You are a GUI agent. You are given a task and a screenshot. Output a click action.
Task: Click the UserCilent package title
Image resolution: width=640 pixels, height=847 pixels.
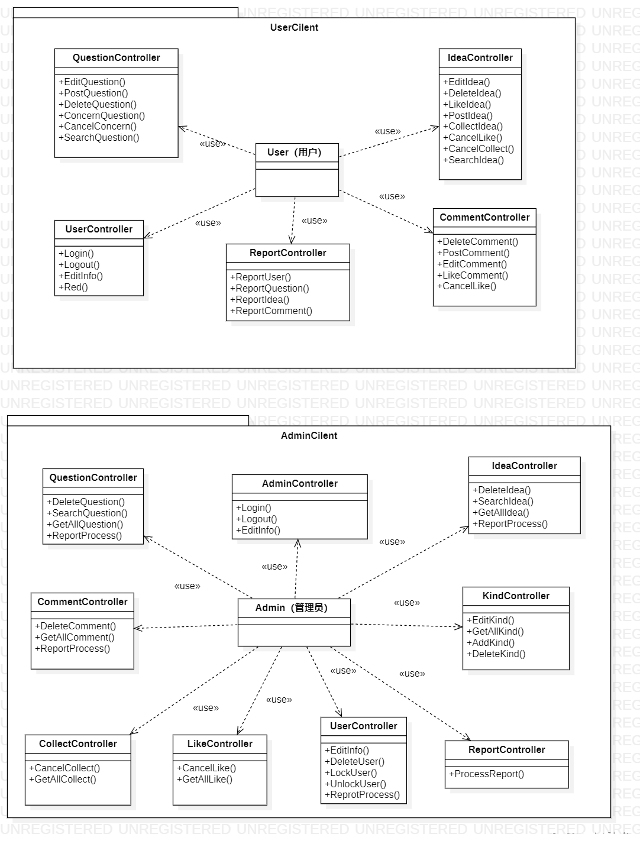[x=294, y=27]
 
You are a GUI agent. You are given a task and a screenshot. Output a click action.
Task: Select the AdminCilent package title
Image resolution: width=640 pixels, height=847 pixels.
[x=309, y=435]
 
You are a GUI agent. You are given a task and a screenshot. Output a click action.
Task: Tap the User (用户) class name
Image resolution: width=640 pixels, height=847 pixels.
[x=294, y=152]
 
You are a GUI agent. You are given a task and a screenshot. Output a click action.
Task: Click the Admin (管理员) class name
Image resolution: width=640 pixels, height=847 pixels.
[x=291, y=607]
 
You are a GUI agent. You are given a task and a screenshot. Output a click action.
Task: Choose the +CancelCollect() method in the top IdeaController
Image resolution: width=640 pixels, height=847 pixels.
[x=481, y=148]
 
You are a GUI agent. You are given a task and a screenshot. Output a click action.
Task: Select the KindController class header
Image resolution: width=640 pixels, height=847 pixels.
[x=516, y=596]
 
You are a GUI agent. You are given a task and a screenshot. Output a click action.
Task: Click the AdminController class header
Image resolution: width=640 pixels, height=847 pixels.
[x=299, y=483]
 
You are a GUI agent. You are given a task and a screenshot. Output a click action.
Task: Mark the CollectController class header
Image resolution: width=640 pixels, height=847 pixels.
[x=77, y=743]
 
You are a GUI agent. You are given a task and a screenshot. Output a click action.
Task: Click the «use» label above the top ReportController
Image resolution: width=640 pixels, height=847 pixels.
[x=314, y=221]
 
